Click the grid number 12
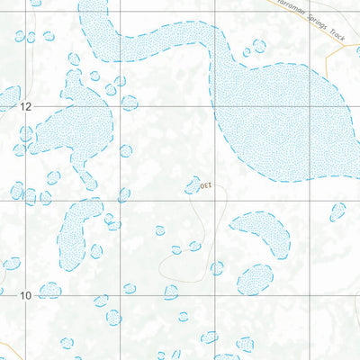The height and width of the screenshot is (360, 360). click(x=26, y=106)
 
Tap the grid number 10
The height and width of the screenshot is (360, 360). click(x=26, y=294)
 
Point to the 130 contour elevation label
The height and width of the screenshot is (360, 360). click(x=204, y=185)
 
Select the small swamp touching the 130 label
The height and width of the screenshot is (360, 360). click(x=192, y=185)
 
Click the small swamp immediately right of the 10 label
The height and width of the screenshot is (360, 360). click(x=49, y=290)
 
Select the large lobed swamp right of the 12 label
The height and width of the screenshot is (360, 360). click(x=76, y=121)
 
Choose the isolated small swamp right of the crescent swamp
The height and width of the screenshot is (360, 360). click(x=337, y=212)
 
